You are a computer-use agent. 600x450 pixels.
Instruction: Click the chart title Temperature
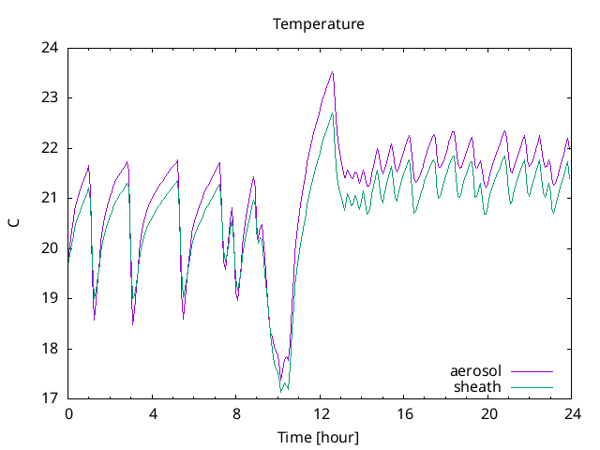pos(318,23)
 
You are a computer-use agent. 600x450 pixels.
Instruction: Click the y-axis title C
pos(14,223)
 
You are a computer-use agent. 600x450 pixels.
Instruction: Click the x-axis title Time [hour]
pos(318,437)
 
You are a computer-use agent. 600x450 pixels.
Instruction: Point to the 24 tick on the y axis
pos(50,48)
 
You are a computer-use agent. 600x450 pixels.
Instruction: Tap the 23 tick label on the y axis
pos(50,97)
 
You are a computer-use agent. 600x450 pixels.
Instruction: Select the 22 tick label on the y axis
pos(50,148)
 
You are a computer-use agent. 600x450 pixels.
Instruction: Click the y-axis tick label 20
pos(50,248)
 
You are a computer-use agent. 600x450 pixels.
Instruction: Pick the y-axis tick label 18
pos(50,349)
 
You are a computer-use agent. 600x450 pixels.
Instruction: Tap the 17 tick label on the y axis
pos(50,398)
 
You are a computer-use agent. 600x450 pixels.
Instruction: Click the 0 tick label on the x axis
pos(68,413)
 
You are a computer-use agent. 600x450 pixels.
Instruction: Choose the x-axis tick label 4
pos(153,413)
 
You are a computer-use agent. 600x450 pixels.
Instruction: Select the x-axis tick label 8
pos(236,413)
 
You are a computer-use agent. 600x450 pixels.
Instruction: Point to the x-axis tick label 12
pos(321,413)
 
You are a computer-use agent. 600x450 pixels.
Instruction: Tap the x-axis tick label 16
pos(405,413)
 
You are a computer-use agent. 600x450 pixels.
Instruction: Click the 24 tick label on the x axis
pos(573,413)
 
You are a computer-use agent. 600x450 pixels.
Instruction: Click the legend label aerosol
pos(475,371)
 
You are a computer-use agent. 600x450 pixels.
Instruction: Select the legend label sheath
pos(477,386)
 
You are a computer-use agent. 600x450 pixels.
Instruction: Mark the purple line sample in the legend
pos(532,372)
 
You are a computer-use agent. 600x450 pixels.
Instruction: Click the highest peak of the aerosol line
pos(332,72)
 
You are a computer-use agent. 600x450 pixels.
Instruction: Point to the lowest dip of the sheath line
pos(280,390)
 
